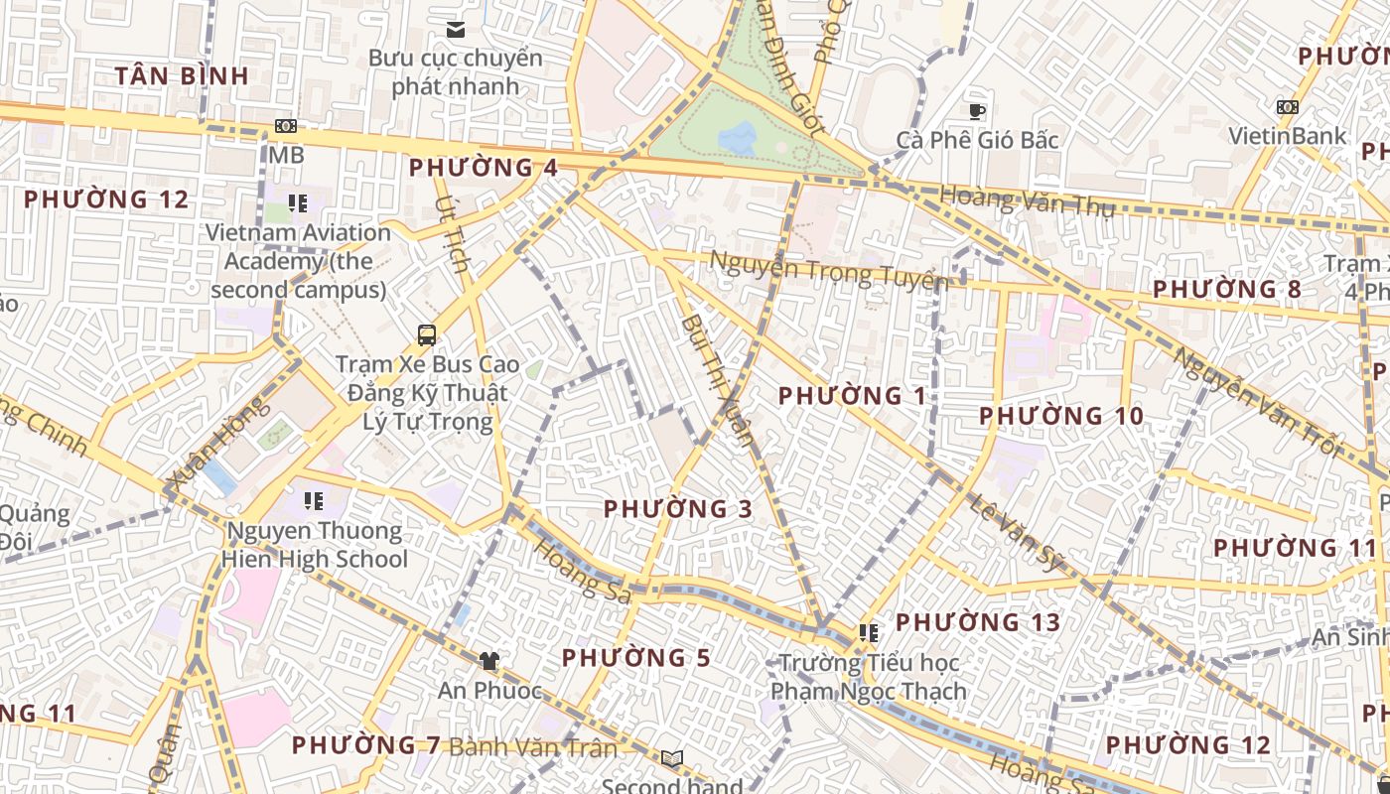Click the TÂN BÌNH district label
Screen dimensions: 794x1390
[x=182, y=75]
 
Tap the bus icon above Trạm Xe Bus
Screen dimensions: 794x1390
[x=427, y=335]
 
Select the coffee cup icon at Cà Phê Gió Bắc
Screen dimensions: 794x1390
[x=977, y=111]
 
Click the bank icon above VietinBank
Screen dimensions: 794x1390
[x=1287, y=107]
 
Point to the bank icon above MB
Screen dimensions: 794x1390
[x=286, y=126]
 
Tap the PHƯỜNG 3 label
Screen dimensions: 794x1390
[x=678, y=509]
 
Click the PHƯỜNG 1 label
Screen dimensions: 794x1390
[x=852, y=396]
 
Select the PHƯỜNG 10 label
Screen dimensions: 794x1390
[x=1061, y=416]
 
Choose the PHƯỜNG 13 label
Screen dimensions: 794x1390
[x=978, y=622]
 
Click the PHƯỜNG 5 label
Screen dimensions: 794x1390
[x=636, y=658]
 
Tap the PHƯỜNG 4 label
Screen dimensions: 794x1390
[x=484, y=168]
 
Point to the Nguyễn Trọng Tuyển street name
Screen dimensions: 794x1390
[x=828, y=270]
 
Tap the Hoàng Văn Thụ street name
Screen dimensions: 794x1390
[x=1027, y=201]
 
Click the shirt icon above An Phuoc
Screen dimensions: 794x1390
[x=488, y=660]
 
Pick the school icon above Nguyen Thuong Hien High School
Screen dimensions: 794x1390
[x=314, y=500]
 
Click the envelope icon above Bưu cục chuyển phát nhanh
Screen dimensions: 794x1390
[x=456, y=30]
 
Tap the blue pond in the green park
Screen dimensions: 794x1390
[x=738, y=137]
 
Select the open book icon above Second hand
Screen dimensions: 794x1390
[x=672, y=759]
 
